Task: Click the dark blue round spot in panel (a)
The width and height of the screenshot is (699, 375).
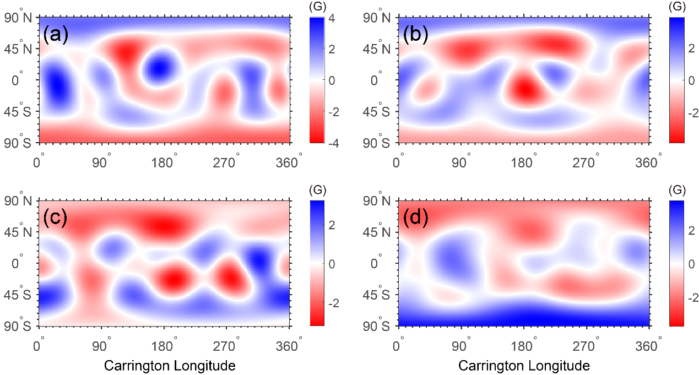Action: pos(159,67)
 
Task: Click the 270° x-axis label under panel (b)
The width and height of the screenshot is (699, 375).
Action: pos(587,163)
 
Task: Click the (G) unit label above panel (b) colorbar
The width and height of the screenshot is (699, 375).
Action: pos(676,7)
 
